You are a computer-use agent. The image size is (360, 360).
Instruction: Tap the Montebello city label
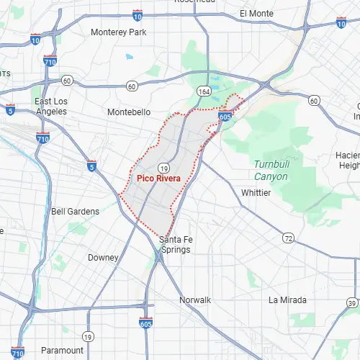click(x=129, y=112)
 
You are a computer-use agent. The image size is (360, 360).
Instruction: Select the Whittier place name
click(x=256, y=193)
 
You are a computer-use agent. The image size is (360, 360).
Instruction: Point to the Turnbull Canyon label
click(x=271, y=169)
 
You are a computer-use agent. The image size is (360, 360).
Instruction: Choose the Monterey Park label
click(x=118, y=32)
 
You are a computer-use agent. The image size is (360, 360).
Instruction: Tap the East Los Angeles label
click(x=53, y=107)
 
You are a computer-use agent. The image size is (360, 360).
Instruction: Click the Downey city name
click(x=103, y=257)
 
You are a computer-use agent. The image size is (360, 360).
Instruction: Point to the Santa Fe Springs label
click(x=175, y=244)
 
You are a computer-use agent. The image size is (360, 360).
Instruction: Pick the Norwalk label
click(x=195, y=300)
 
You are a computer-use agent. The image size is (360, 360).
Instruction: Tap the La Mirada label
click(x=287, y=300)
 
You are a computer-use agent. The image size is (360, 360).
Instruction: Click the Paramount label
click(x=62, y=350)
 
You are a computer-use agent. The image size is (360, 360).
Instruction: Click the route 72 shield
click(x=289, y=238)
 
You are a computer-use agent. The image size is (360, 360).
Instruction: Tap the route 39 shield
click(x=352, y=302)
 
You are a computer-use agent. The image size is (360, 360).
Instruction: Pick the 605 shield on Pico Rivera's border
click(x=225, y=116)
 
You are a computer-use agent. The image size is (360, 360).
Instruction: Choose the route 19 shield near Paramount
click(x=88, y=336)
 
